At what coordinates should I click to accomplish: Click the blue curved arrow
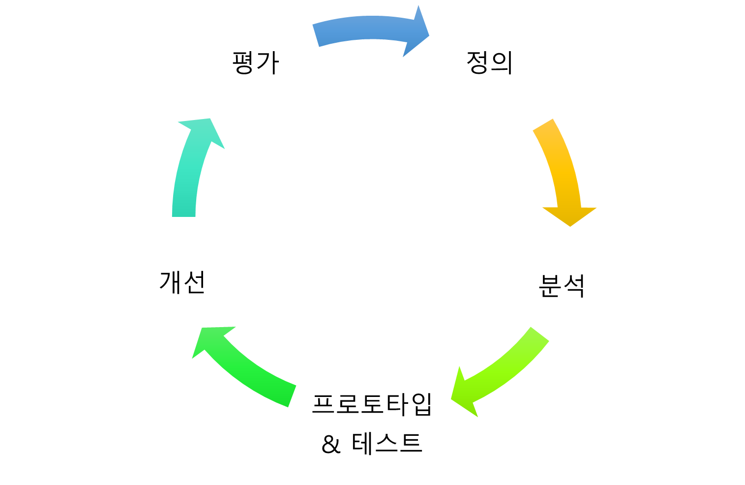[x=364, y=30]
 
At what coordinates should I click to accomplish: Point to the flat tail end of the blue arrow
[x=316, y=35]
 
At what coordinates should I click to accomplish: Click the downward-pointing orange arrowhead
[x=569, y=215]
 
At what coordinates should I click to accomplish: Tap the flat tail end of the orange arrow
[x=543, y=125]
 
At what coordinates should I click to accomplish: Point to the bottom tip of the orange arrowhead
[x=570, y=226]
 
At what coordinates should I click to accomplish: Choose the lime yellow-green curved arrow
[x=507, y=366]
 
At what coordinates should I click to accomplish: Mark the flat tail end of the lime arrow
[x=540, y=334]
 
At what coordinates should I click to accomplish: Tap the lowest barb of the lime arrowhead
[x=477, y=416]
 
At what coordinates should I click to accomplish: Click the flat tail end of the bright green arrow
[x=292, y=396]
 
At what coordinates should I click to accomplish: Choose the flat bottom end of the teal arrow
[x=184, y=215]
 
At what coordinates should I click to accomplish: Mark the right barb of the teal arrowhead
[x=224, y=148]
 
